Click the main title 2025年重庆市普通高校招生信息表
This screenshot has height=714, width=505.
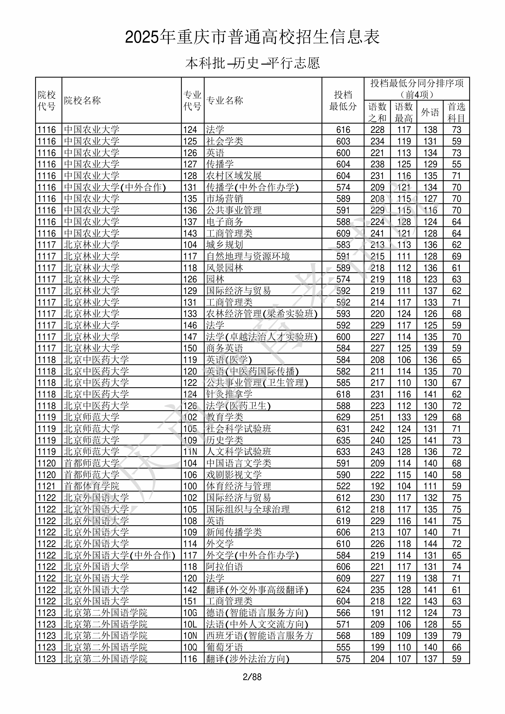point(252,37)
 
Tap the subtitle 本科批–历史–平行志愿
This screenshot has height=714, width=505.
point(252,63)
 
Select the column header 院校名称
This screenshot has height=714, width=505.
point(83,100)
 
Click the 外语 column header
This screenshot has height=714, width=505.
point(430,112)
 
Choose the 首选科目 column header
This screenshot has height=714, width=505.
point(456,112)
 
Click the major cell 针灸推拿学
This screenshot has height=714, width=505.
point(229,394)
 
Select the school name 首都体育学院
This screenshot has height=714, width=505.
point(92,486)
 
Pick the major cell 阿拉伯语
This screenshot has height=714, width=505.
point(224,567)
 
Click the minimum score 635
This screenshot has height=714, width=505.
point(343,440)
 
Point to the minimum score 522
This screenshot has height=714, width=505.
point(343,486)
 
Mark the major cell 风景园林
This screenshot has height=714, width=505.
point(224,268)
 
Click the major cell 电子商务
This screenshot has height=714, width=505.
point(224,222)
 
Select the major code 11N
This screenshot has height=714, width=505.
point(190,451)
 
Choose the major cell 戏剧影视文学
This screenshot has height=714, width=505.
point(234,475)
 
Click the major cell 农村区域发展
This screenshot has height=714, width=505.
point(234,176)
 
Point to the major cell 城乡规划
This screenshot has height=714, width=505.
point(224,245)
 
